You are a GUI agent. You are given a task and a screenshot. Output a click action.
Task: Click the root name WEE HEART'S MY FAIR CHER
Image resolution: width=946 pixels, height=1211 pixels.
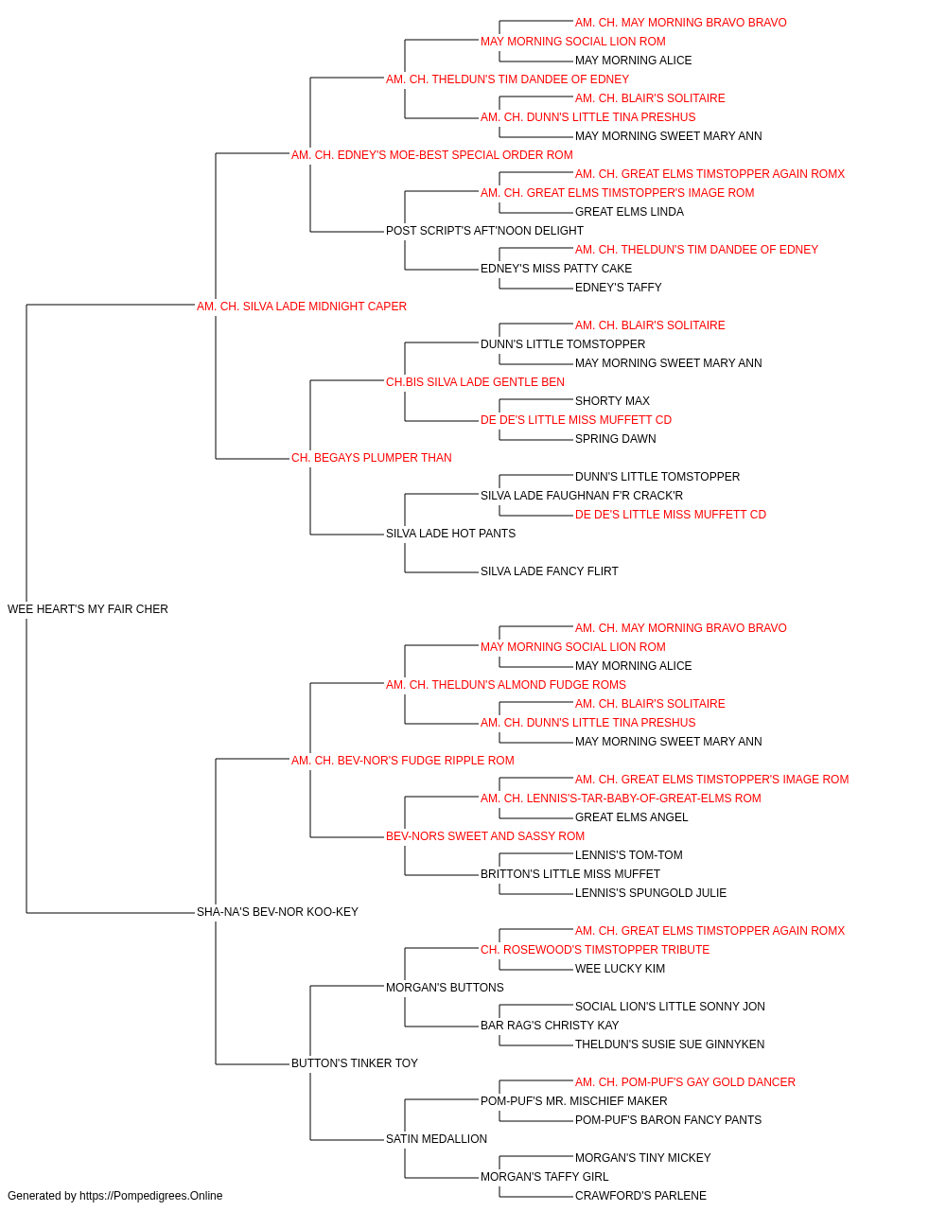87,609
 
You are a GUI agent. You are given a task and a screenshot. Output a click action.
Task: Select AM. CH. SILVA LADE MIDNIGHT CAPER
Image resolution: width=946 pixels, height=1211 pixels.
302,307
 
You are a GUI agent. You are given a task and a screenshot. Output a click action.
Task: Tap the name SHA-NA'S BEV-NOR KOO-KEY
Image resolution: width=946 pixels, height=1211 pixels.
277,912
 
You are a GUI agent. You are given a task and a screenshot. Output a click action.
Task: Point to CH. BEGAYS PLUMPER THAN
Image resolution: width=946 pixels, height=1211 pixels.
372,458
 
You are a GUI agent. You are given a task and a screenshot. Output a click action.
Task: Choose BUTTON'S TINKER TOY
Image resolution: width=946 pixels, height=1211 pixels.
355,1063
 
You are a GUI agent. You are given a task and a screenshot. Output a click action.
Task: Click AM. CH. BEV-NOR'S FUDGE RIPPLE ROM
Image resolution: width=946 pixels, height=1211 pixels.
403,761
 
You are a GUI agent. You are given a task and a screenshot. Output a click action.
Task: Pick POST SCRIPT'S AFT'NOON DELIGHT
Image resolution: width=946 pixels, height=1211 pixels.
484,231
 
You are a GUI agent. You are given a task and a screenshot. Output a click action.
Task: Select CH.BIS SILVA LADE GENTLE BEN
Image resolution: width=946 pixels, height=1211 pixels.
475,382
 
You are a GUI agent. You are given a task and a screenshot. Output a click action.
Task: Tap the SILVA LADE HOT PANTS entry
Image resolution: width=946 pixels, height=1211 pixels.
450,534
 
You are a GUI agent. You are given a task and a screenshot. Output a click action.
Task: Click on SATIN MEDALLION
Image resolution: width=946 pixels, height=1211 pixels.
436,1139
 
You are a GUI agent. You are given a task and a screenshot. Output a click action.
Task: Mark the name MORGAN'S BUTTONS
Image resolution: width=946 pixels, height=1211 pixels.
445,988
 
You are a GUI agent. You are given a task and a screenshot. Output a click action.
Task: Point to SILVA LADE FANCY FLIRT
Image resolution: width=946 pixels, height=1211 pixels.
550,571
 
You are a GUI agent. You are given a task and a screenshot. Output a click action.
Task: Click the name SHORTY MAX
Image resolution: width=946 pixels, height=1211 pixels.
612,401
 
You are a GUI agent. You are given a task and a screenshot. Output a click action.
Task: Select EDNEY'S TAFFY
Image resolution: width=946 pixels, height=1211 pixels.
619,288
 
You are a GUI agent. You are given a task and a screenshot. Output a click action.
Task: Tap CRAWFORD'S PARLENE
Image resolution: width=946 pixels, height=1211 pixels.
640,1196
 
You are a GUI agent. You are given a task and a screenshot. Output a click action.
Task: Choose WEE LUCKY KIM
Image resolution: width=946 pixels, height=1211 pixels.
620,969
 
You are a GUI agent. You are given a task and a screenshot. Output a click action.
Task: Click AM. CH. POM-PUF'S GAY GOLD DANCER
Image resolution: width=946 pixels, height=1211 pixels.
685,1082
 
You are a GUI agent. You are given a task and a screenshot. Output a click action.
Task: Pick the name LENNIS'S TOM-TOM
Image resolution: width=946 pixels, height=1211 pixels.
629,855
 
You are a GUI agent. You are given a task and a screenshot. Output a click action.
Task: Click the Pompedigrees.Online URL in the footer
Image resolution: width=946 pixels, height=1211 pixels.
151,1196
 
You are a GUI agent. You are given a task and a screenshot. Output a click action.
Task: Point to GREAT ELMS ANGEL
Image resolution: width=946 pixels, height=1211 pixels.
632,817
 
